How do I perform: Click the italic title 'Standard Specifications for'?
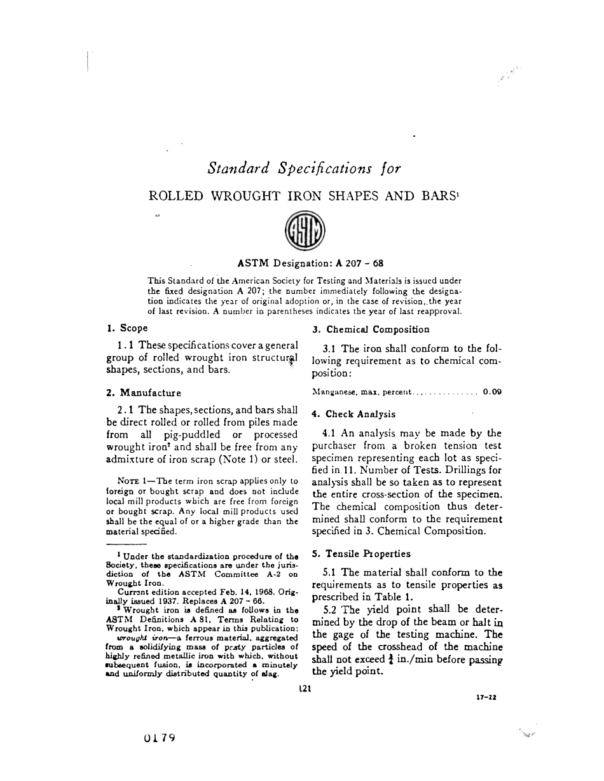pyautogui.click(x=304, y=169)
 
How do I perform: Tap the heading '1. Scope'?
pyautogui.click(x=127, y=328)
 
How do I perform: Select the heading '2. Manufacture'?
pyautogui.click(x=144, y=392)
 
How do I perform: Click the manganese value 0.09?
pyautogui.click(x=492, y=392)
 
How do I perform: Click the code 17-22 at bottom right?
pyautogui.click(x=486, y=697)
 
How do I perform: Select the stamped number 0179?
pyautogui.click(x=160, y=738)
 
